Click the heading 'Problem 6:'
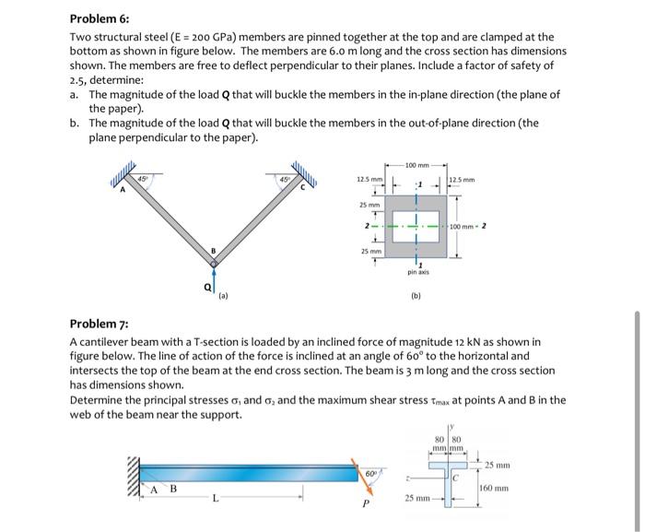tap(100, 18)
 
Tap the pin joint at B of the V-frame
tap(213, 264)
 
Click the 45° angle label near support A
tap(143, 177)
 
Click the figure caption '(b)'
tap(417, 298)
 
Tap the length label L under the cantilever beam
tap(214, 499)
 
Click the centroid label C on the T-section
tap(454, 477)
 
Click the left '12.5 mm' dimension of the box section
tap(366, 179)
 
